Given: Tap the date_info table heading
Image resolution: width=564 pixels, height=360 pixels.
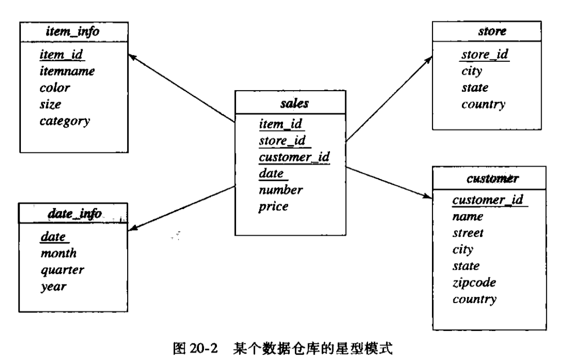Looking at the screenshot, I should pyautogui.click(x=75, y=214).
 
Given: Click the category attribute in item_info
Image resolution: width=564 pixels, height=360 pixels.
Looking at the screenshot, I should pyautogui.click(x=65, y=121).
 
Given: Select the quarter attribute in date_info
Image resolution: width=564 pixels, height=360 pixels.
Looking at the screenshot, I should pyautogui.click(x=62, y=270).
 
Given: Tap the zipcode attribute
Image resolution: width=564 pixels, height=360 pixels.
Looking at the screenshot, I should pyautogui.click(x=475, y=283).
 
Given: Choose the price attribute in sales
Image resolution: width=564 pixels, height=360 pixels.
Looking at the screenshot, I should pyautogui.click(x=273, y=207).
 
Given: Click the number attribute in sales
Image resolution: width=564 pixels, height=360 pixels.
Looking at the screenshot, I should pyautogui.click(x=281, y=190).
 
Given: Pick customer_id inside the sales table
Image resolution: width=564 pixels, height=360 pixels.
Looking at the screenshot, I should pyautogui.click(x=294, y=157).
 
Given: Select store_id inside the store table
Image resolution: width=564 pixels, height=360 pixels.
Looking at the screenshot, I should pyautogui.click(x=485, y=55).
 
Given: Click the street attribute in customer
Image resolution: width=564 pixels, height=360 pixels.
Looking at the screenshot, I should pyautogui.click(x=468, y=233).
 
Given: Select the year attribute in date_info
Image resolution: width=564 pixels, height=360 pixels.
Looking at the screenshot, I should pyautogui.click(x=53, y=286).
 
